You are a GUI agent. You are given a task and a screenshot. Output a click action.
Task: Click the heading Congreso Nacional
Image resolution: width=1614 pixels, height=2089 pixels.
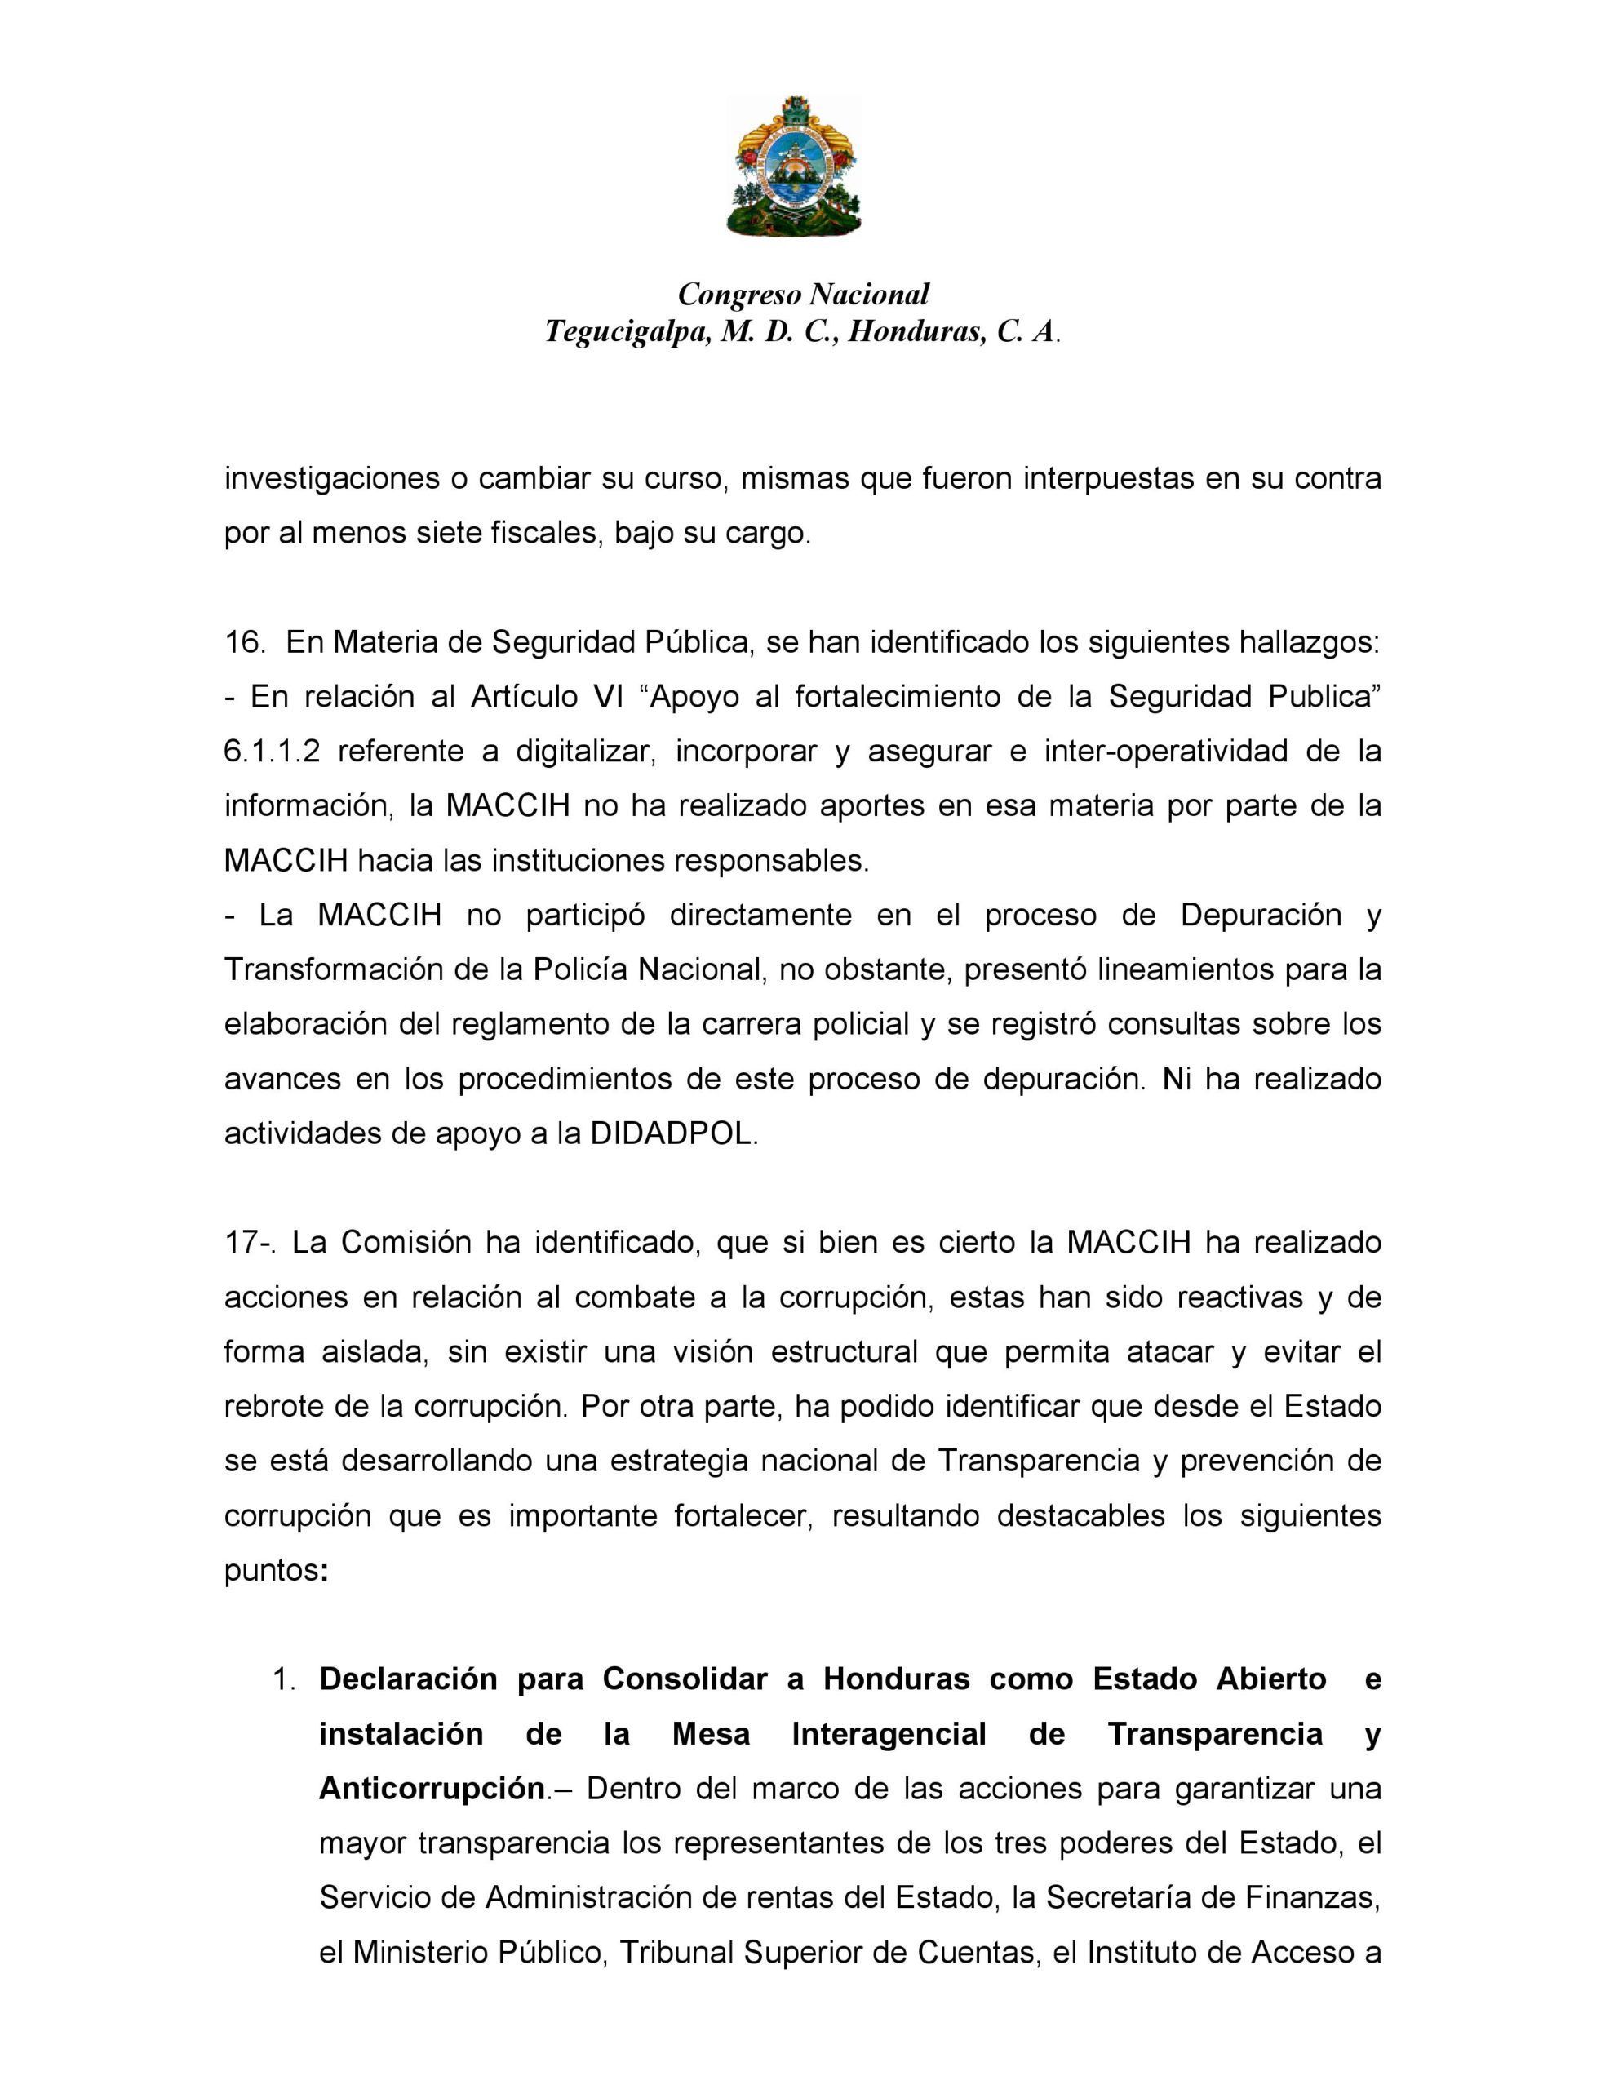(x=803, y=294)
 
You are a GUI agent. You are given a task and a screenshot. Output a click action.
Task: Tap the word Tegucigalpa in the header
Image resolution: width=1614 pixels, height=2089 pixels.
(x=627, y=331)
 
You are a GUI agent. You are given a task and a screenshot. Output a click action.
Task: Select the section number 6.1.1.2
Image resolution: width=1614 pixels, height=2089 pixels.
(x=272, y=751)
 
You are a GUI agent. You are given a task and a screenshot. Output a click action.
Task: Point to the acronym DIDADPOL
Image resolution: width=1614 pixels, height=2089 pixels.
(x=672, y=1133)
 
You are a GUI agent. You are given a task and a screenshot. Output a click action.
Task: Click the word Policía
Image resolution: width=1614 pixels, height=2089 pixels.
(x=582, y=970)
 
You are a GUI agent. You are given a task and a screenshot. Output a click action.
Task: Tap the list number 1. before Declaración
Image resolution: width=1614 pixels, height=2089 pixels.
(x=284, y=1679)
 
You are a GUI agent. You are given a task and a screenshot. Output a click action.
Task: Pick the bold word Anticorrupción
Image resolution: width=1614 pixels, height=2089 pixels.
(x=432, y=1789)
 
